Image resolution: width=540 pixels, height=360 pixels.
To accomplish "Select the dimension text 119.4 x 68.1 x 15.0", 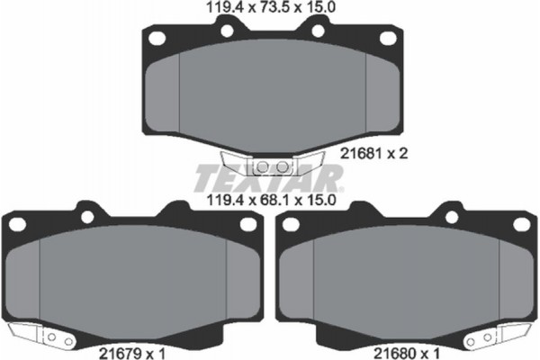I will click(270, 203).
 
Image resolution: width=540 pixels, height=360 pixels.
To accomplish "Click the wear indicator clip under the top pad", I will click(270, 166).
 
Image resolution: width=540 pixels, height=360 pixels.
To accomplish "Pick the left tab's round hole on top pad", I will click(227, 31).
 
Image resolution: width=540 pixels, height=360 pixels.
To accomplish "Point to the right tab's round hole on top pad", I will click(316, 31).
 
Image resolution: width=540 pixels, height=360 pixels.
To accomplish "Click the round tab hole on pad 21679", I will click(88, 216).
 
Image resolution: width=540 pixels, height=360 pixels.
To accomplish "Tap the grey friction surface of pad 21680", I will click(405, 279).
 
